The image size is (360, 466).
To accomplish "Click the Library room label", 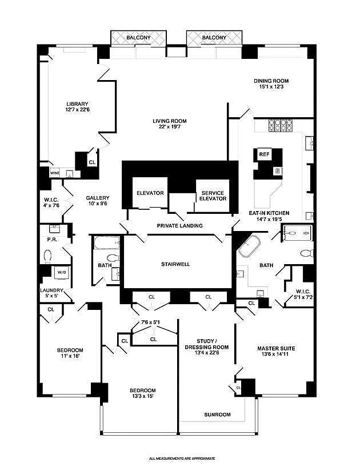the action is [x=77, y=103].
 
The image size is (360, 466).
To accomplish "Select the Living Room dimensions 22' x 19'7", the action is [x=169, y=127].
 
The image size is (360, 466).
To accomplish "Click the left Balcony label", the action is [x=138, y=38].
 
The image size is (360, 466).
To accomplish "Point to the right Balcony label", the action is [x=214, y=38].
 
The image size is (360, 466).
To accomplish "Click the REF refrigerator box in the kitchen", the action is [x=264, y=154].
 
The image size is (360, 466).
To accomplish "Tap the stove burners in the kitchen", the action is [x=280, y=125].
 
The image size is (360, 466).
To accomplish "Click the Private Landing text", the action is [x=180, y=225].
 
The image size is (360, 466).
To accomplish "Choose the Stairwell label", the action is [x=175, y=265].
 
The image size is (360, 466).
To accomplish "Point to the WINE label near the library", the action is [x=55, y=172].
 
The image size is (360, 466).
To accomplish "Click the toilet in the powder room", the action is [x=46, y=256].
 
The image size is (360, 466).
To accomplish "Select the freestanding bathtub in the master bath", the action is [x=249, y=246].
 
